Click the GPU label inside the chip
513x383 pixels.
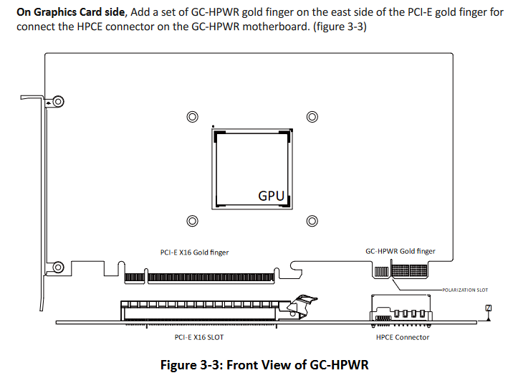point(271,195)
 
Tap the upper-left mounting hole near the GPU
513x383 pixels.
point(191,117)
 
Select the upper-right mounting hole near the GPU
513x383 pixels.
point(312,117)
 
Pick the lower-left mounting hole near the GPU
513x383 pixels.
point(191,221)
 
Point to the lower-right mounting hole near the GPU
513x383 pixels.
point(312,221)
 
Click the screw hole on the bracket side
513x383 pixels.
point(58,102)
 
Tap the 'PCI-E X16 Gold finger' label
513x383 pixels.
point(194,252)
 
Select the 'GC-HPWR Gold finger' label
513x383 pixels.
point(400,252)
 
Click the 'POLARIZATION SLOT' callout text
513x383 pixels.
point(465,290)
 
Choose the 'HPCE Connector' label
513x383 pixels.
point(403,336)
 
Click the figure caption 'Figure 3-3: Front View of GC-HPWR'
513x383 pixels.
point(264,365)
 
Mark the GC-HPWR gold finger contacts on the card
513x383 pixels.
point(409,271)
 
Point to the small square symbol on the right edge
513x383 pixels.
point(488,308)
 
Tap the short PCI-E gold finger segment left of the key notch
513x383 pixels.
point(135,277)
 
